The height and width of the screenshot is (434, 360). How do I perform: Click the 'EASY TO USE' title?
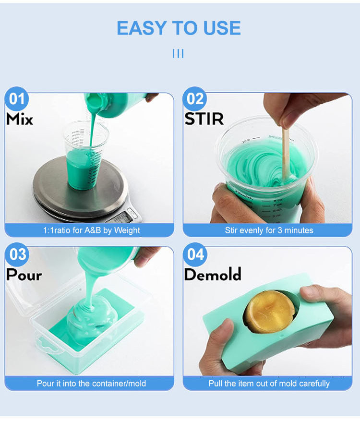pos(179,28)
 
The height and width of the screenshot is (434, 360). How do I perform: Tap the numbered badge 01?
pos(17,99)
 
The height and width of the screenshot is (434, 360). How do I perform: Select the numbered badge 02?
pos(195,99)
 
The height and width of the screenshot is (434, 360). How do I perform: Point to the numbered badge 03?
pos(17,254)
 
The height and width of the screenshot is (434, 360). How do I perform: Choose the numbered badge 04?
pos(195,254)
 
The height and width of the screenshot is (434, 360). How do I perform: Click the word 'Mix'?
pos(20,119)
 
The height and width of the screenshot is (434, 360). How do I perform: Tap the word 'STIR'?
pos(204,119)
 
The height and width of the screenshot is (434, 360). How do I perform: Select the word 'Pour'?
pos(24,275)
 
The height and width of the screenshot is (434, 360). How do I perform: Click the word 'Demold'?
pos(213,274)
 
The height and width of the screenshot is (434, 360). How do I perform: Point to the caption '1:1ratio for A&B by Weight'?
pos(91,230)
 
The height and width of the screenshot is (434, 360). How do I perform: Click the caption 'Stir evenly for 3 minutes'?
pos(269,230)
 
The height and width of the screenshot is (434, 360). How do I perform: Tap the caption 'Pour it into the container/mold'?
pos(91,383)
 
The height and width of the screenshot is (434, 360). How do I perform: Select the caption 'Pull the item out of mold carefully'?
pos(269,383)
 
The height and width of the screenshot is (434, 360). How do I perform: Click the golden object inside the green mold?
pos(270,311)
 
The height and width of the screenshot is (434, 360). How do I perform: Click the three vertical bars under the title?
pos(178,54)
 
